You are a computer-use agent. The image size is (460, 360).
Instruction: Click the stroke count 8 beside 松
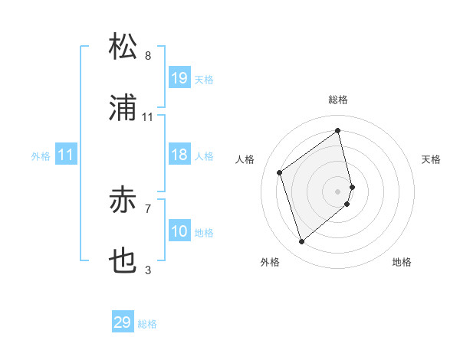click(148, 55)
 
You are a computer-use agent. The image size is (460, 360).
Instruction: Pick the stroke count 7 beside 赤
click(148, 207)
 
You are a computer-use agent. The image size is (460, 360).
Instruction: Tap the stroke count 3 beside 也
click(148, 270)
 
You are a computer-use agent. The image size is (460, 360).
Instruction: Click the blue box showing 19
click(179, 78)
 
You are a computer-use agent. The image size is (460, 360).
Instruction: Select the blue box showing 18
click(179, 155)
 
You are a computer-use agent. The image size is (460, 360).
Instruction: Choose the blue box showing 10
click(179, 231)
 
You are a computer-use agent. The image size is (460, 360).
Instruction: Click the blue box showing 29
click(123, 322)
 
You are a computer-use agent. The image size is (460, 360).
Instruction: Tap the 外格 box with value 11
click(66, 155)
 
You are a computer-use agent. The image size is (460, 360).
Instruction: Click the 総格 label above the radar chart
click(338, 100)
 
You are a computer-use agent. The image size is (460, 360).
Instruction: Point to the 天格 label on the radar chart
click(432, 159)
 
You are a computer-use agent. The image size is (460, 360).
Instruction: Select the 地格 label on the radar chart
click(402, 262)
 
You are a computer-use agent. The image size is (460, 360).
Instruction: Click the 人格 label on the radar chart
click(245, 159)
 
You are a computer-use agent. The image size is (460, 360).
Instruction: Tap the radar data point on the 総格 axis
click(338, 130)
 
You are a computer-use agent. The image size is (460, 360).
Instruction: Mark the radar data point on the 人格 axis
click(280, 172)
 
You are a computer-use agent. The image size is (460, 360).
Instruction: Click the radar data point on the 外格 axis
click(302, 242)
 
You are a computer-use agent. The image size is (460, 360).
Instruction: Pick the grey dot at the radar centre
click(338, 191)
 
